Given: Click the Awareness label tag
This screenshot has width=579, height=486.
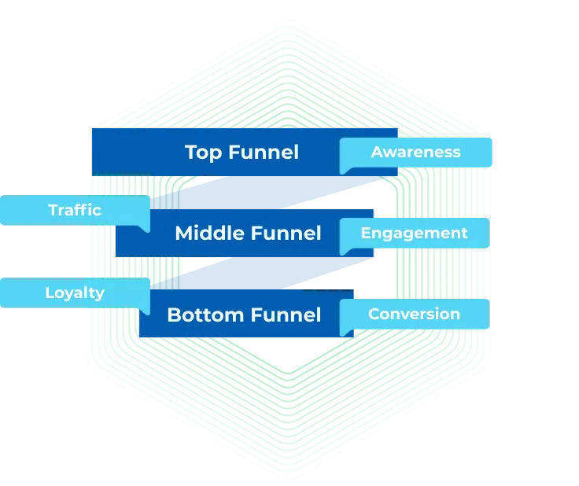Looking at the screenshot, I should (415, 153).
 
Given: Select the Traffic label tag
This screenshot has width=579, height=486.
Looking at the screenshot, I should (75, 210).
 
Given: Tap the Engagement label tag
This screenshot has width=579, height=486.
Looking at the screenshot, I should (414, 233).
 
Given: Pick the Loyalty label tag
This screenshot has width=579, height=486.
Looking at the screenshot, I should (75, 293).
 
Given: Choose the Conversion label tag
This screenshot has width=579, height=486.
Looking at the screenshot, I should (414, 314).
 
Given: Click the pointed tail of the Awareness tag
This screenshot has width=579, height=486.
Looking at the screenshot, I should (344, 169).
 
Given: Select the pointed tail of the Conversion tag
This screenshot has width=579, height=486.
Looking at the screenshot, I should (344, 330).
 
